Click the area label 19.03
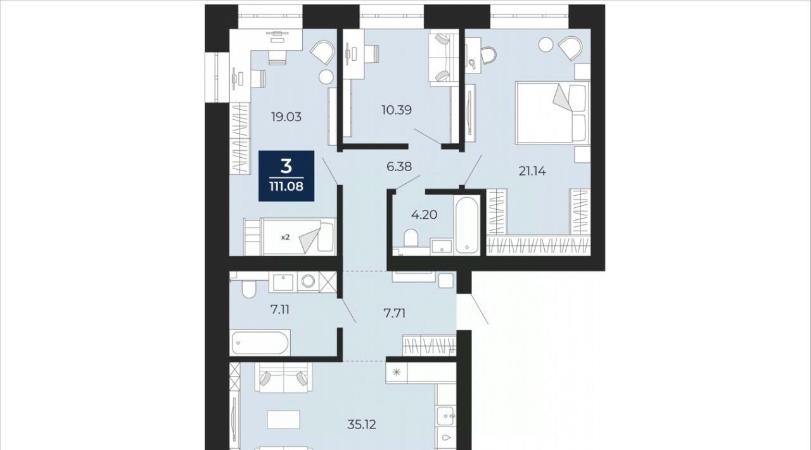click(286, 117)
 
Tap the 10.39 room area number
click(397, 110)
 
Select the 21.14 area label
click(532, 170)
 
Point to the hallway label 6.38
click(399, 167)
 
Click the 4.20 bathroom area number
click(424, 215)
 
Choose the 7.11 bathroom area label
click(280, 310)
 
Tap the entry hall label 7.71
click(395, 313)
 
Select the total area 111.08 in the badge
click(286, 186)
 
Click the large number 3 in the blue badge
click(286, 167)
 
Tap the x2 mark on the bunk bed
click(286, 237)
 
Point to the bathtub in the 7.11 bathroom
click(260, 342)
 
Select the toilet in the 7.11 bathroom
click(248, 289)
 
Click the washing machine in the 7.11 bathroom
click(308, 281)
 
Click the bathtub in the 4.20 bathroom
click(467, 224)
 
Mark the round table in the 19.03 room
click(326, 77)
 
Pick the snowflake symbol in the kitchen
click(397, 372)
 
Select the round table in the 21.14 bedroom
click(546, 44)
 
